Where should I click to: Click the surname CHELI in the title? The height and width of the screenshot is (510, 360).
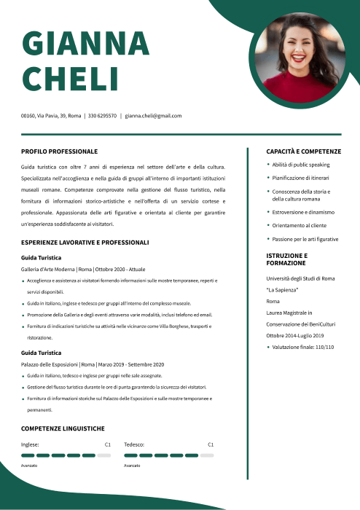(x=70, y=78)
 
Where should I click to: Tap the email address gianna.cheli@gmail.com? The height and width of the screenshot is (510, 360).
(x=153, y=116)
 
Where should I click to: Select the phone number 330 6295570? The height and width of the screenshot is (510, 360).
(x=102, y=116)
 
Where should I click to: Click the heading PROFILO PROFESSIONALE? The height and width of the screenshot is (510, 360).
(x=59, y=152)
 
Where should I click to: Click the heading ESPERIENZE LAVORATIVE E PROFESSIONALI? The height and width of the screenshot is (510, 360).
(x=85, y=242)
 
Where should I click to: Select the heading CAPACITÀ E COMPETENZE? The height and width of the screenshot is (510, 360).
(x=303, y=152)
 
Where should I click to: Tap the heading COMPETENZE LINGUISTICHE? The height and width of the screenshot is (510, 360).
(x=63, y=428)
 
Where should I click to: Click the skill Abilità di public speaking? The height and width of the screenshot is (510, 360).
(x=301, y=165)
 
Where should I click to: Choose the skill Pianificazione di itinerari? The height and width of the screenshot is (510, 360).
(x=300, y=178)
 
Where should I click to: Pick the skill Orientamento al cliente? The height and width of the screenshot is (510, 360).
(x=300, y=226)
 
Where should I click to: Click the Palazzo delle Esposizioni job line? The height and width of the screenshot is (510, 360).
(x=93, y=364)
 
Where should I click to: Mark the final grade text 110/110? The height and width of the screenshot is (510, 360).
(x=321, y=347)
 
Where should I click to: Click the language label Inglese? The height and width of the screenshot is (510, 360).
(x=30, y=444)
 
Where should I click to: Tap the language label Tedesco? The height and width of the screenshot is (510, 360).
(x=134, y=444)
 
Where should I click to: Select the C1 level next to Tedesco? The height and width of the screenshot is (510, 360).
(x=211, y=444)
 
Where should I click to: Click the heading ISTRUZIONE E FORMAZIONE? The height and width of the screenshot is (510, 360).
(x=287, y=259)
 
